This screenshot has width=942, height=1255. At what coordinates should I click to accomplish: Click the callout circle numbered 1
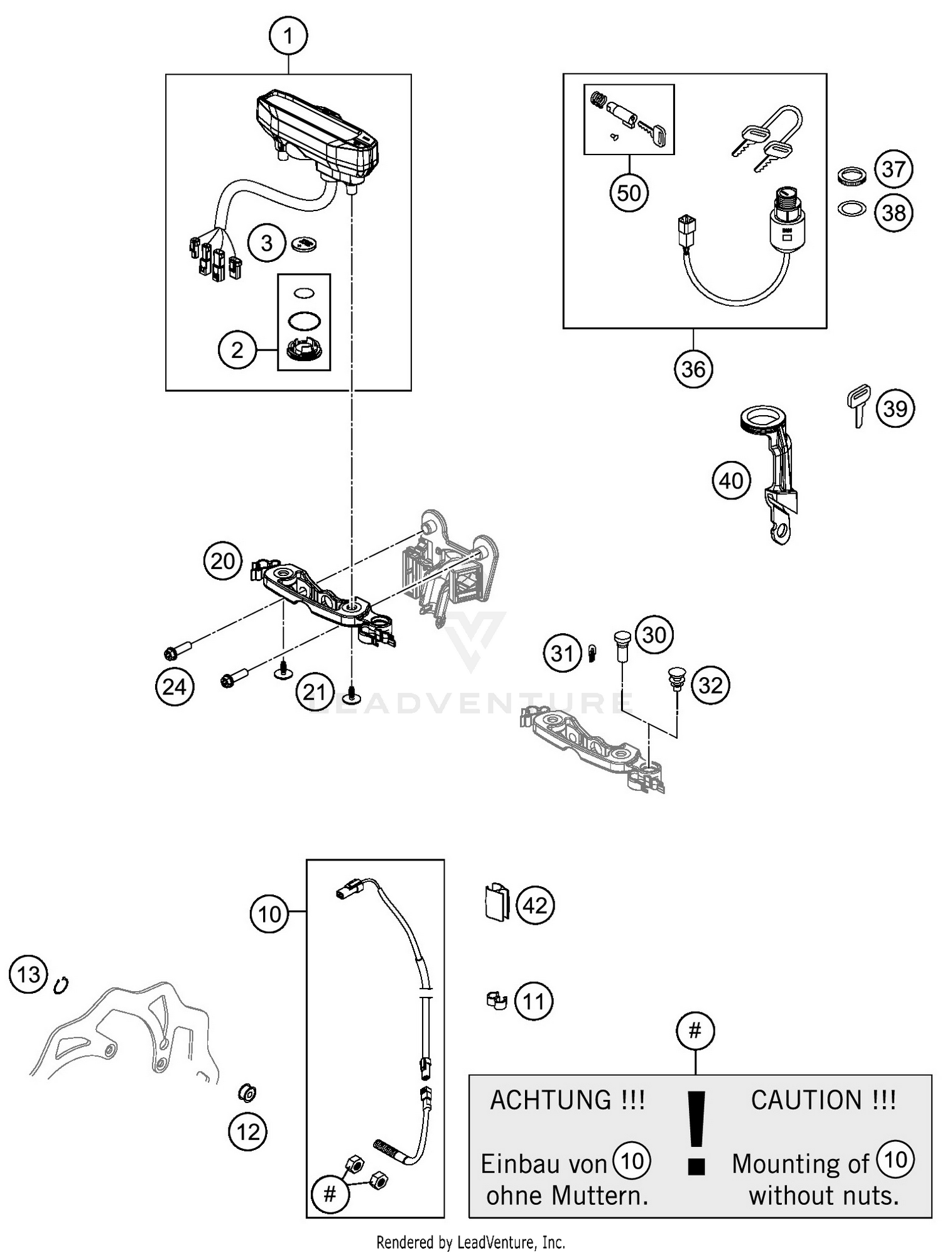click(x=288, y=36)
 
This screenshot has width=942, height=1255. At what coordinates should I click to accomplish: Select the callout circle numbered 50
click(x=629, y=193)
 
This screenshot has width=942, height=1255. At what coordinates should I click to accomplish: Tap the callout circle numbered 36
click(x=693, y=369)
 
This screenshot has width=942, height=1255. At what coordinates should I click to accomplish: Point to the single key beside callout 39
click(x=858, y=406)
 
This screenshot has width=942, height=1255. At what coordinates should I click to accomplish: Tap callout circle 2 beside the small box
click(x=237, y=350)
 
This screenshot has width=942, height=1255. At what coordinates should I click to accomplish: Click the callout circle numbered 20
click(x=223, y=561)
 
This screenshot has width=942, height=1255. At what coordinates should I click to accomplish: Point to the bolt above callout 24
click(x=181, y=651)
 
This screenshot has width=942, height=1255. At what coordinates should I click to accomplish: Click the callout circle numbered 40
click(x=731, y=481)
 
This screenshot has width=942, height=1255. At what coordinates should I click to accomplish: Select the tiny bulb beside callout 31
click(x=592, y=654)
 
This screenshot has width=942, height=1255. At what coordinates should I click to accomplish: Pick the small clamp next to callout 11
click(x=497, y=1000)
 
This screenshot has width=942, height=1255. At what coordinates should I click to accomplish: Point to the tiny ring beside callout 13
click(x=61, y=985)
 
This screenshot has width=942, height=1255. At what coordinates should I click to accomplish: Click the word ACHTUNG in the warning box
click(x=551, y=1101)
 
